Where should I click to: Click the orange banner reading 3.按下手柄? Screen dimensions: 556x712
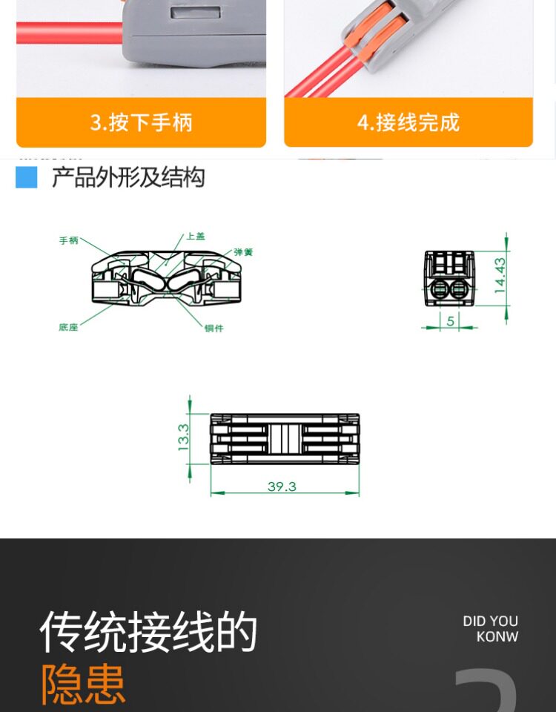coord(141,122)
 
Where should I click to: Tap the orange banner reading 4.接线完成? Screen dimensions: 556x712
coord(408,122)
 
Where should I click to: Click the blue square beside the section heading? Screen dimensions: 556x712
coord(27,177)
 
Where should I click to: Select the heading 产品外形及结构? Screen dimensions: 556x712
coord(128,178)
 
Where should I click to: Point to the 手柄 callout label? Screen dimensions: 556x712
coord(69,240)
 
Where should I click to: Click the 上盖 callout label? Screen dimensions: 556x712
coord(195,236)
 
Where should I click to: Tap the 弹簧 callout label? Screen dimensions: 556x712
coord(243,252)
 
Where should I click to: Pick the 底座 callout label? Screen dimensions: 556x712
coord(68,327)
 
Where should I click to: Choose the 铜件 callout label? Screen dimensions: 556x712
coord(214,329)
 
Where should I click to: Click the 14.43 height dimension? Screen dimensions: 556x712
coord(500,276)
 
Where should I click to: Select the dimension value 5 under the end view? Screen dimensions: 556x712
coord(450,320)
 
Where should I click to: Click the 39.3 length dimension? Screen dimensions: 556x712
coord(282,487)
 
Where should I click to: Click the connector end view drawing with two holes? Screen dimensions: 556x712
coord(449,279)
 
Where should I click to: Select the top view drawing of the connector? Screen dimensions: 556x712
coord(285,439)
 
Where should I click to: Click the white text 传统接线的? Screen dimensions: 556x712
coord(148,632)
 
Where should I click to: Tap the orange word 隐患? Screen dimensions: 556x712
coord(83,684)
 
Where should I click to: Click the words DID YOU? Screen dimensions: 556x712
coord(490,622)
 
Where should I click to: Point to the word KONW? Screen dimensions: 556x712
coord(497,637)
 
